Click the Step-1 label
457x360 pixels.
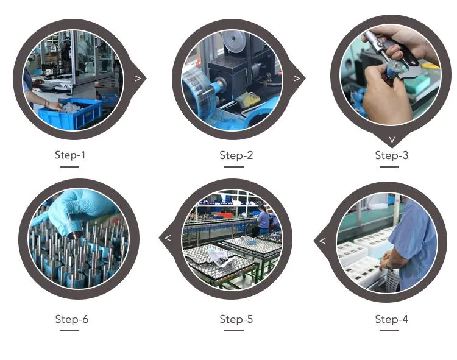[x=70, y=155]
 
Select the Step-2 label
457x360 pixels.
[x=236, y=155]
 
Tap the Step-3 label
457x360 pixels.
[x=391, y=155]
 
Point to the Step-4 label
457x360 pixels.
[x=391, y=319]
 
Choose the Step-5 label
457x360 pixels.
[x=236, y=319]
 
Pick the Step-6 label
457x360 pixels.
[x=72, y=319]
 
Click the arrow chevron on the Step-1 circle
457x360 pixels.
[x=138, y=78]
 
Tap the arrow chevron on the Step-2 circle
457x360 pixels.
[x=297, y=79]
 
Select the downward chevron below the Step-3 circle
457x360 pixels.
[x=392, y=139]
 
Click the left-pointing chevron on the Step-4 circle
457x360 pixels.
[x=322, y=241]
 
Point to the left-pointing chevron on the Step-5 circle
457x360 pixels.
[x=168, y=238]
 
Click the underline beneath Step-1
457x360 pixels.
[x=69, y=167]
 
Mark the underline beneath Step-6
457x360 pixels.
[x=69, y=331]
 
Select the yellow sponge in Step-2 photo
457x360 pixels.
[x=248, y=99]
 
